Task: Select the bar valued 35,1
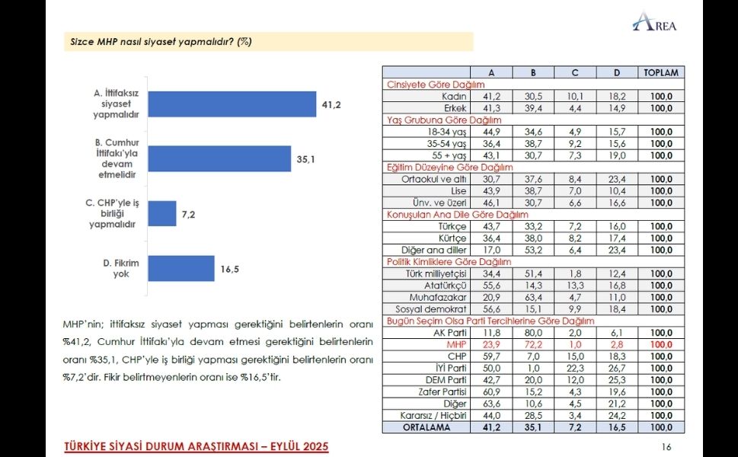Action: click(x=220, y=158)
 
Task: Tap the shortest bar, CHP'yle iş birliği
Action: click(x=162, y=214)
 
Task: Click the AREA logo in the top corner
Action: click(x=654, y=22)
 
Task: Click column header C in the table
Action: click(x=575, y=72)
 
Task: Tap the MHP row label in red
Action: click(x=456, y=344)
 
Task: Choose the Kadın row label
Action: click(x=454, y=97)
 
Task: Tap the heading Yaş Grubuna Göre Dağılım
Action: click(x=433, y=120)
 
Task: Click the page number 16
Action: click(x=666, y=447)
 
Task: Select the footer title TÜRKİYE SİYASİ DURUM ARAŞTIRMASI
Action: click(x=196, y=446)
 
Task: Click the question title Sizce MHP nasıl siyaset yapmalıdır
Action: click(x=160, y=42)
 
